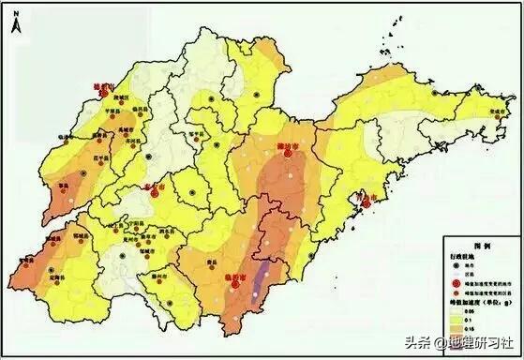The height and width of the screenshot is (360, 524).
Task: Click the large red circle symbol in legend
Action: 455,280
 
